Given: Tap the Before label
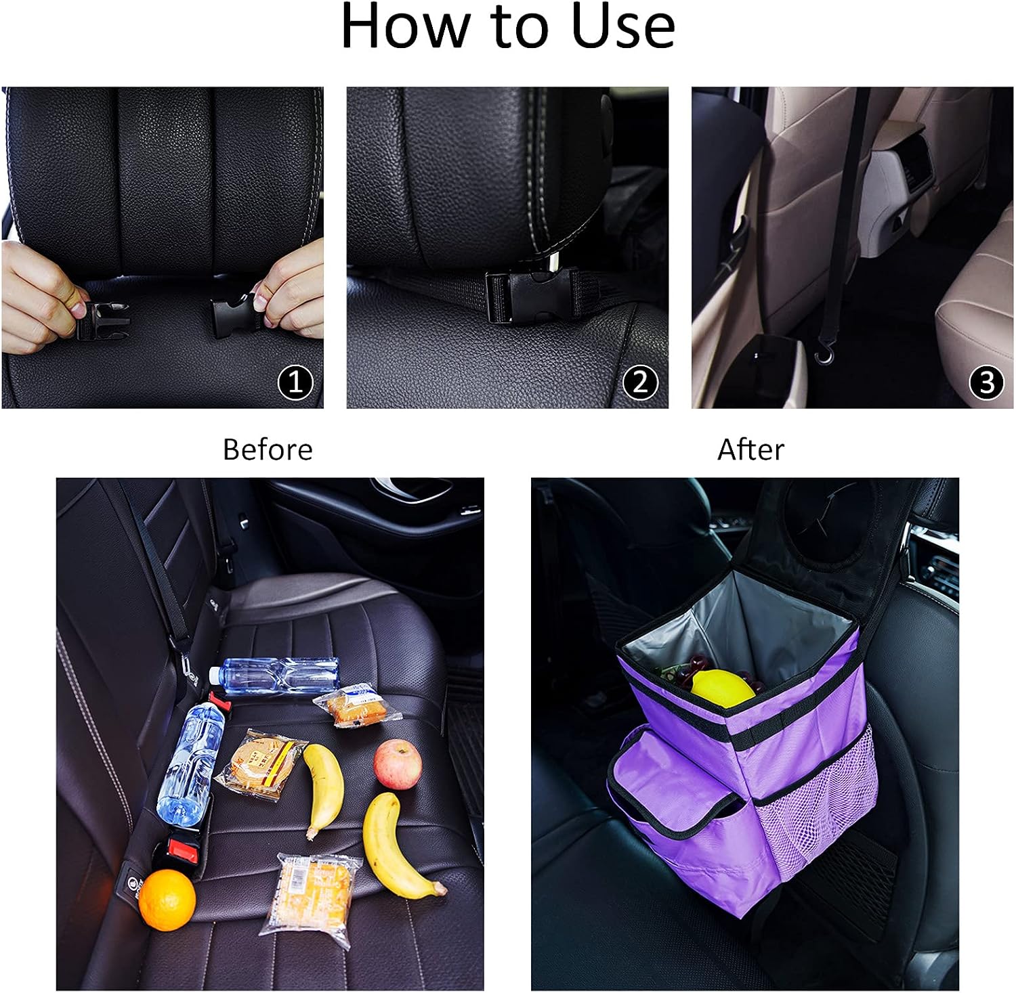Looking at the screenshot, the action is point(268,449).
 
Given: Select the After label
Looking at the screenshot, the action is point(750,449).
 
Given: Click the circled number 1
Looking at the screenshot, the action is point(296,382).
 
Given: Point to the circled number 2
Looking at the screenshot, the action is point(640,382).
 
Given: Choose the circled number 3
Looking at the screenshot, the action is point(986,382).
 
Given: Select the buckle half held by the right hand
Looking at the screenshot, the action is point(234,312).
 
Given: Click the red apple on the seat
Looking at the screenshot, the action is point(398,764).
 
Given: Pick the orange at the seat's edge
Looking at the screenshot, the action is point(167,900).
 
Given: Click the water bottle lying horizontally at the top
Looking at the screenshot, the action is point(274,676).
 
